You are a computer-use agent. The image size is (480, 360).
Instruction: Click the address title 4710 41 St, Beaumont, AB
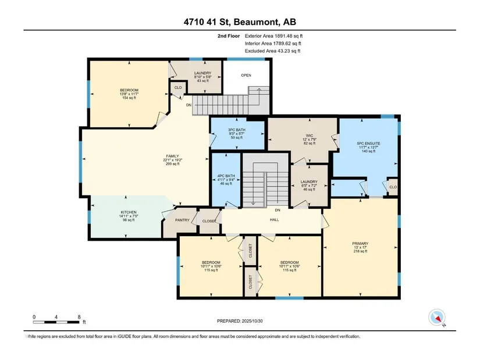pyautogui.click(x=240, y=22)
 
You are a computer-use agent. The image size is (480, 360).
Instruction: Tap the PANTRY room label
pyautogui.click(x=182, y=220)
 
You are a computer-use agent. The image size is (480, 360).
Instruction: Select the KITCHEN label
pyautogui.click(x=129, y=212)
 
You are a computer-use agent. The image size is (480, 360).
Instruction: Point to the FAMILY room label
pyautogui.click(x=172, y=156)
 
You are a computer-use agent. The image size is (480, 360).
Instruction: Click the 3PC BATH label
pyautogui.click(x=237, y=130)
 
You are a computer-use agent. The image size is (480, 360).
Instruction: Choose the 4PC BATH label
pyautogui.click(x=226, y=176)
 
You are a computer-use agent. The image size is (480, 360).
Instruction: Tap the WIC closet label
pyautogui.click(x=310, y=135)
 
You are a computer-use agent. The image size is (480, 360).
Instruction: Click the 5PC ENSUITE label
pyautogui.click(x=368, y=143)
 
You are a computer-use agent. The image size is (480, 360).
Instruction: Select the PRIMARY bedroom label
pyautogui.click(x=360, y=244)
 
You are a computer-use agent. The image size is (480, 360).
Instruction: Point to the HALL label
pyautogui.click(x=274, y=219)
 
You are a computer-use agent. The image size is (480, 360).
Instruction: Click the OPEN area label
pyautogui.click(x=246, y=75)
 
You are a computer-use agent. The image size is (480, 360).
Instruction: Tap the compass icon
pyautogui.click(x=437, y=318)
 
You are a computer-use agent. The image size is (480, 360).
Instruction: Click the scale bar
pyautogui.click(x=56, y=322)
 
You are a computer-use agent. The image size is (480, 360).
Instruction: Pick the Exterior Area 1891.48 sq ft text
pyautogui.click(x=273, y=36)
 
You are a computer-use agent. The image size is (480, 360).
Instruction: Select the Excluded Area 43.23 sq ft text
pyautogui.click(x=272, y=51)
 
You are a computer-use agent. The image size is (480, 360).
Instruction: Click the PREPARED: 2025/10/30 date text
pyautogui.click(x=240, y=321)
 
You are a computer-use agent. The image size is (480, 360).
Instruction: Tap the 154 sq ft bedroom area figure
pyautogui.click(x=129, y=98)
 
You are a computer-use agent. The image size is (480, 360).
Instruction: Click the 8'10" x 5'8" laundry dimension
pyautogui.click(x=202, y=77)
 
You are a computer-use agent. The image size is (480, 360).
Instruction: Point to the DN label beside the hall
pyautogui.click(x=278, y=211)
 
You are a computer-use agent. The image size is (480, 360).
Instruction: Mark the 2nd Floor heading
pyautogui.click(x=229, y=36)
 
